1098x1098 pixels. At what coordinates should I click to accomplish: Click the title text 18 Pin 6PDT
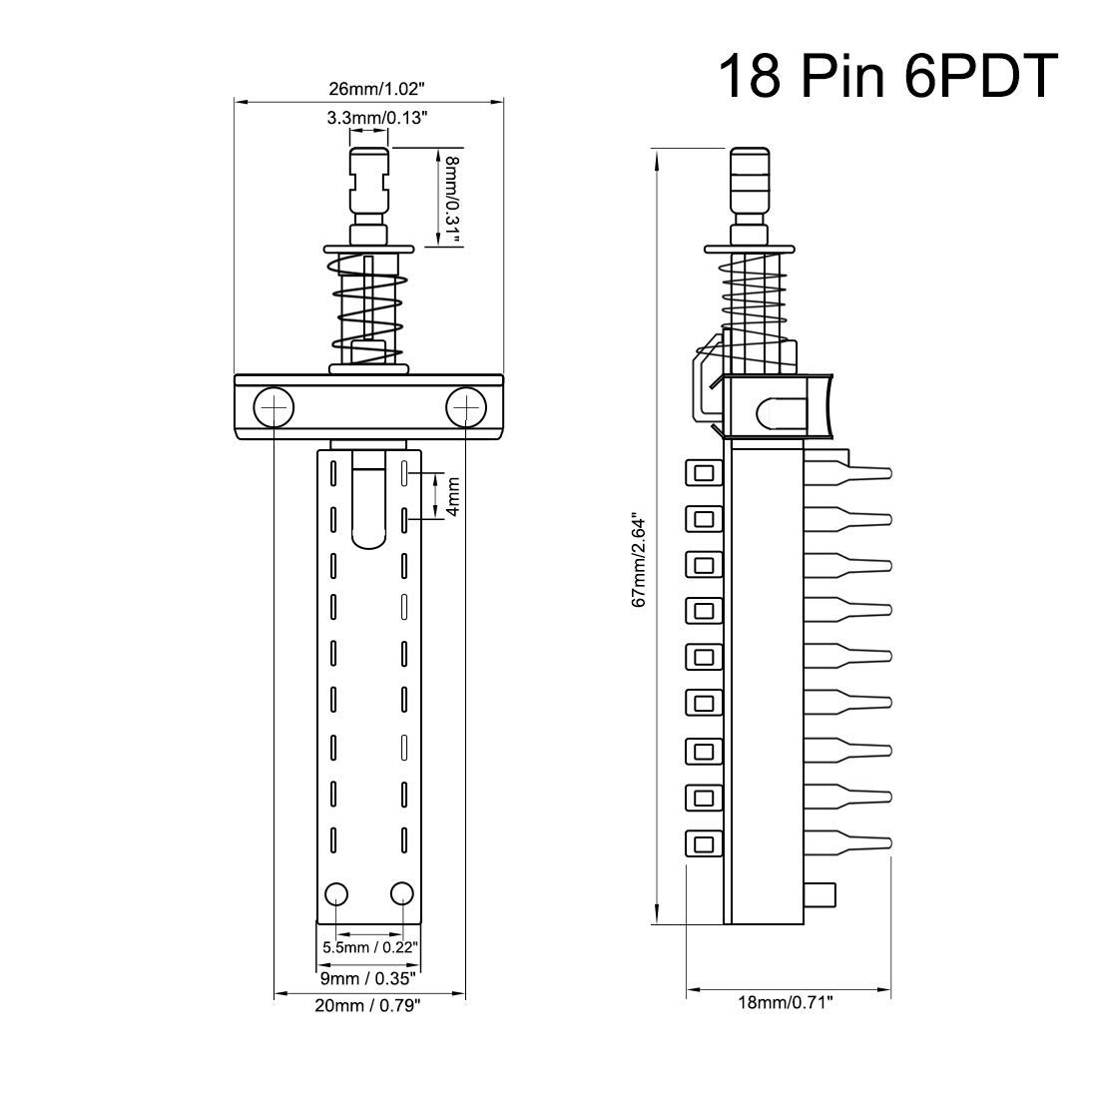coord(886,76)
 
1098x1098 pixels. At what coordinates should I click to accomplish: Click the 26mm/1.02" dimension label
coord(368,88)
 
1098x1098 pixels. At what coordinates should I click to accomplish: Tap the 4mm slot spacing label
coord(452,496)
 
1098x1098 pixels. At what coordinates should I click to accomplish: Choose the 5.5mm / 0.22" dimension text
coord(369,946)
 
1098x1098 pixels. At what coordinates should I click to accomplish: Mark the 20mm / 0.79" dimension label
coord(368,1006)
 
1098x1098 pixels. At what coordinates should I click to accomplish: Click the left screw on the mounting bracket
coord(274,407)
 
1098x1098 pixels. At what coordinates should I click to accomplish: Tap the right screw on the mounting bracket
coord(465,407)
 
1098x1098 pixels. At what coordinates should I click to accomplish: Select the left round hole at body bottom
coord(336,891)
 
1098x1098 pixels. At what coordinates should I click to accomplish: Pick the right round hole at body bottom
coord(402,891)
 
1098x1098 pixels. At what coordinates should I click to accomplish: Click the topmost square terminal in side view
coord(704,472)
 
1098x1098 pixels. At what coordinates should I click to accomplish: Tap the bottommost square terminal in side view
coord(704,844)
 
